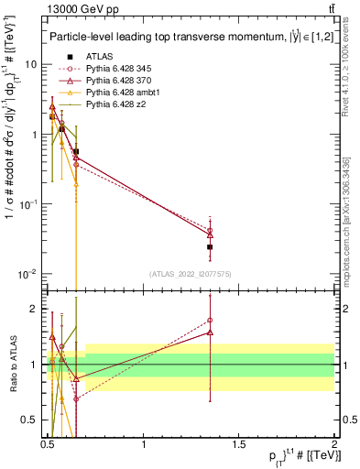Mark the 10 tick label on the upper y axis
[x=31, y=64]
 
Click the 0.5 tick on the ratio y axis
[x=29, y=420]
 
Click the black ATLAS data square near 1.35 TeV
[x=211, y=246]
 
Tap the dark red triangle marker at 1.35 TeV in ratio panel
[x=211, y=332]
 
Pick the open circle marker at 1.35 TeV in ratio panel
[x=211, y=321]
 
